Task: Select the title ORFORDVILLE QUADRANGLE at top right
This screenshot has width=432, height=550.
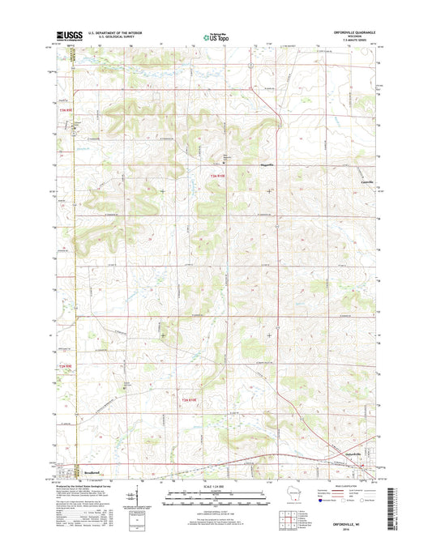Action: click(350, 32)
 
